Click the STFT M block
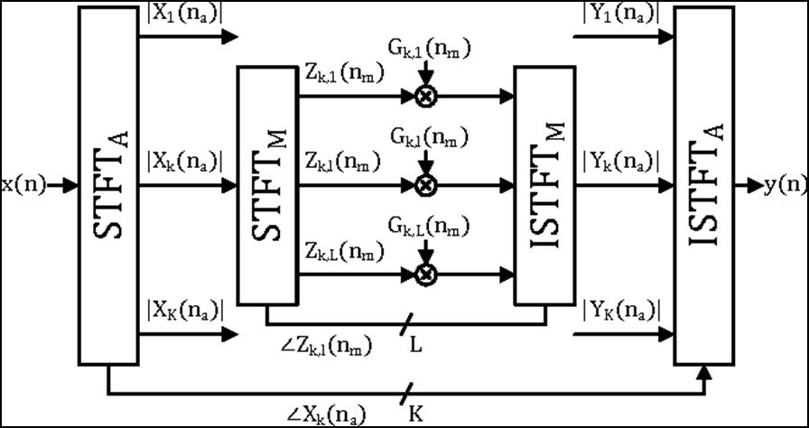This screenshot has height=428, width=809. [266, 184]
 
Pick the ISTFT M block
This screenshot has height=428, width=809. [544, 184]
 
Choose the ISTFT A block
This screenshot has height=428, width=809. [704, 186]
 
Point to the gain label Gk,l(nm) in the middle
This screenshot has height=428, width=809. [429, 137]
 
